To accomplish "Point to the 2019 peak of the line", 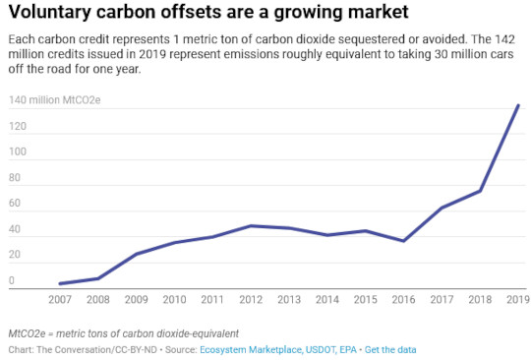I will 518,105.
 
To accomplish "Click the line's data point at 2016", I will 403,241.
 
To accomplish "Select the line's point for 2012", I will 251,225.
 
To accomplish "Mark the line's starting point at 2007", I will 60,283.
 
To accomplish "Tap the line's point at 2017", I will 442,209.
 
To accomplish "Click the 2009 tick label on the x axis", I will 137,300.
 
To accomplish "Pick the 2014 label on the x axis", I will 327,300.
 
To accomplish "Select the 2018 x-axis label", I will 480,300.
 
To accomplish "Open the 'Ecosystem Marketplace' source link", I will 249,349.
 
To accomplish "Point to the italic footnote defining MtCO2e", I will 123,333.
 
